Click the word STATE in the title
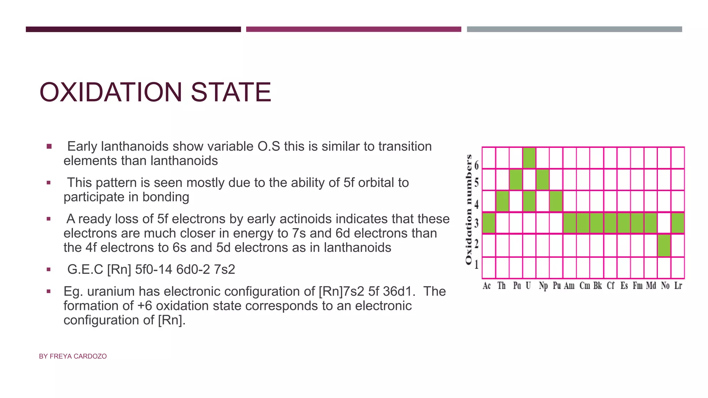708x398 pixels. pos(231,92)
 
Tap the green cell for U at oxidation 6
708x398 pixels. pos(529,158)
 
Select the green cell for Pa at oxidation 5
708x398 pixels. pos(515,180)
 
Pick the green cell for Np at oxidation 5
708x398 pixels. pos(542,180)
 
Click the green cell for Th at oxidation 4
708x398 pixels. pos(502,201)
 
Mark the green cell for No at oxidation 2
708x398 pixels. pos(664,245)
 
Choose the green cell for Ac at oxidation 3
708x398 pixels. pos(488,223)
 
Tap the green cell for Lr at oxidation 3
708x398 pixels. pos(677,223)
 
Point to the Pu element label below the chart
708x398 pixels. pos(557,286)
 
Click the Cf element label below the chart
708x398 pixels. pos(611,286)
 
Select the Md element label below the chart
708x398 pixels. pos(651,286)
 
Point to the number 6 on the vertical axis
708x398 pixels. pos(477,165)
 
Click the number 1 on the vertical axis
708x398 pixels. pos(477,265)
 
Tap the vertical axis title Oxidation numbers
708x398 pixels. pos(469,210)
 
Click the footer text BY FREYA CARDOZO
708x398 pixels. pos(73,356)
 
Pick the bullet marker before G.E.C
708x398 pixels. pos(49,269)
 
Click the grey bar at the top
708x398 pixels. pos(574,29)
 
